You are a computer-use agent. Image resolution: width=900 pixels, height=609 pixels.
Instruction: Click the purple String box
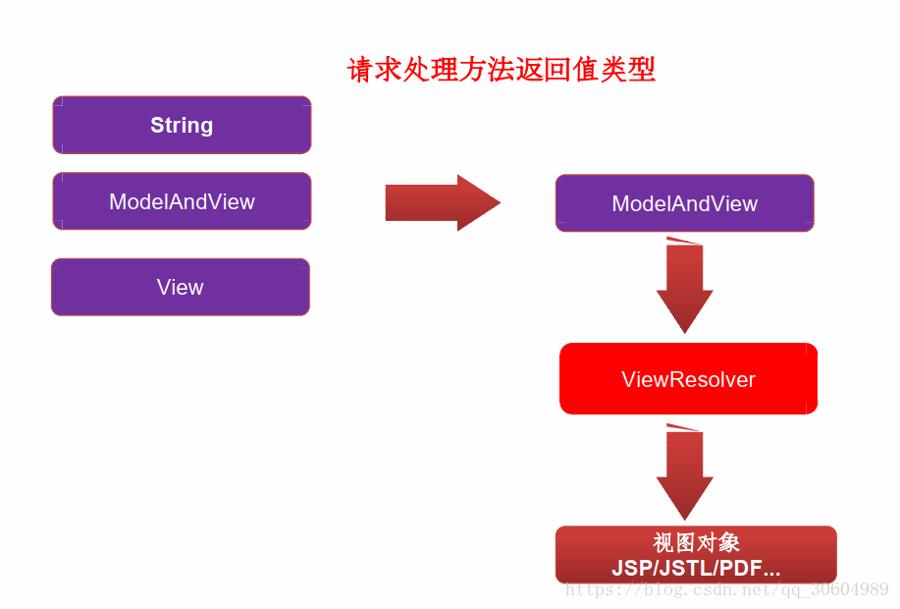pyautogui.click(x=182, y=126)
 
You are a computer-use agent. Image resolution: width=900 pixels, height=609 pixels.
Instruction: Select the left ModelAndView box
pyautogui.click(x=182, y=201)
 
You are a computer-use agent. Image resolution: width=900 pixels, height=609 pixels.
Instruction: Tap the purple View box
pyautogui.click(x=181, y=287)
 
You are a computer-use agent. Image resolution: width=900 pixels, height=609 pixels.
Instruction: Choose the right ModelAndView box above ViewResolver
pyautogui.click(x=685, y=203)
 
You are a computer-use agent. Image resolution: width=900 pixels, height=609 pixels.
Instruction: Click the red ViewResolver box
pyautogui.click(x=688, y=378)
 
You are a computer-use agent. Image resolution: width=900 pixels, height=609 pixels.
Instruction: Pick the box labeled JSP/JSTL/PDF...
pyautogui.click(x=696, y=554)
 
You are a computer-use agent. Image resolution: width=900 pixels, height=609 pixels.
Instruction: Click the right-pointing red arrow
pyautogui.click(x=443, y=202)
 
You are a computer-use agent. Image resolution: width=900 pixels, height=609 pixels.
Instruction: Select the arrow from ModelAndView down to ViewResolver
pyautogui.click(x=685, y=286)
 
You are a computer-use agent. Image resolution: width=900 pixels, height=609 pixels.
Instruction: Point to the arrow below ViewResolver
pyautogui.click(x=685, y=472)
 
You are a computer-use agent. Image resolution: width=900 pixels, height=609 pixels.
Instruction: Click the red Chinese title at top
pyautogui.click(x=502, y=70)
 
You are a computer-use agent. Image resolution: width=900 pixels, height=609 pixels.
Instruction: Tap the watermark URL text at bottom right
pyautogui.click(x=726, y=589)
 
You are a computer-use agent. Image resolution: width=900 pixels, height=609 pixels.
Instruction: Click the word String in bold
pyautogui.click(x=182, y=126)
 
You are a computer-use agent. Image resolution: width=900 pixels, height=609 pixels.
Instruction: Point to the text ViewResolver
pyautogui.click(x=688, y=379)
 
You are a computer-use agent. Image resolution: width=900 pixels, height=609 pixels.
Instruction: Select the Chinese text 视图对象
pyautogui.click(x=696, y=542)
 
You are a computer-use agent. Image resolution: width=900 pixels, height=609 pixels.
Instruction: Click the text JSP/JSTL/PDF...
pyautogui.click(x=696, y=568)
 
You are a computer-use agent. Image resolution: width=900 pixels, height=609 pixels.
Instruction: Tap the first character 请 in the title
pyautogui.click(x=361, y=70)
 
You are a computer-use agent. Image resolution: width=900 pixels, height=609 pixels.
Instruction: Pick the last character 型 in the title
pyautogui.click(x=642, y=70)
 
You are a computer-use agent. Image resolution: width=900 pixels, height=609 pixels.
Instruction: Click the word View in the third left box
pyautogui.click(x=181, y=287)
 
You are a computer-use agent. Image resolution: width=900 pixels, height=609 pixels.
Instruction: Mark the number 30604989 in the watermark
pyautogui.click(x=850, y=589)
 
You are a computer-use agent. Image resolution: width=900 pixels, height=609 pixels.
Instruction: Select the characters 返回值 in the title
pyautogui.click(x=557, y=70)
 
